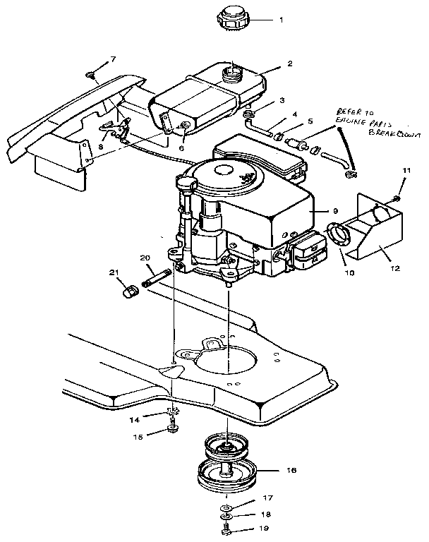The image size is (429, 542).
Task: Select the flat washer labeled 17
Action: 225,508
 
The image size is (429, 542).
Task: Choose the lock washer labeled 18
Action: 225,519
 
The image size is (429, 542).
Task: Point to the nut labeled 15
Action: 174,428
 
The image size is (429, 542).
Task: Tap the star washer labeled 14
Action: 173,414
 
